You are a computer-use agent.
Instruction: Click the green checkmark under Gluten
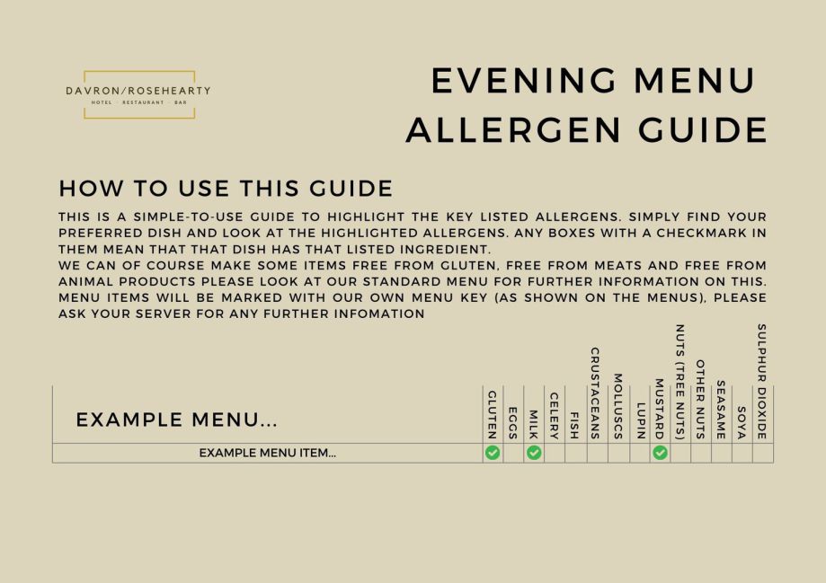coord(493,453)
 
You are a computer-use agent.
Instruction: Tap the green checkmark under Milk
coord(534,453)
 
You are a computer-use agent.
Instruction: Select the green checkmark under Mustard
coord(660,453)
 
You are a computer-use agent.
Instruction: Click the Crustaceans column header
coord(595,393)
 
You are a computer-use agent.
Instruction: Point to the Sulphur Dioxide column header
coord(761,381)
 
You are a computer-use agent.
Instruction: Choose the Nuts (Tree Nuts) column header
coord(680,382)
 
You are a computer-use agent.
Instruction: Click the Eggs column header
coord(512,423)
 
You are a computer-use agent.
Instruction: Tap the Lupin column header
coord(641,420)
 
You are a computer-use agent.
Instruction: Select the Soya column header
coord(742,422)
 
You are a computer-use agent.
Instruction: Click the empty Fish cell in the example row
coord(575,453)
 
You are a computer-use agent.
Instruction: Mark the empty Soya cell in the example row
coord(742,453)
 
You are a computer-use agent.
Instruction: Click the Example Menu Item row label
coord(268,453)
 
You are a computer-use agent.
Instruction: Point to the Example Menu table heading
coord(176,420)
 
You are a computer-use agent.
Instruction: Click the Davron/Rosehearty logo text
coord(138,91)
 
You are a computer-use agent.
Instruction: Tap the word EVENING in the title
coord(524,81)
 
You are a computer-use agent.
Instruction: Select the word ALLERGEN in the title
coord(513,130)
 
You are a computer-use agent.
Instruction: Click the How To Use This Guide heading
coord(226,188)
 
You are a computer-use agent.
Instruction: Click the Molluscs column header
coord(617,406)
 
